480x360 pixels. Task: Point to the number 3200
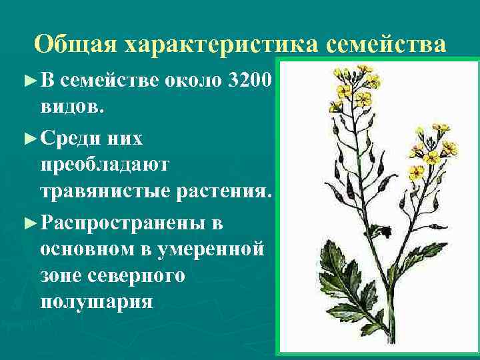tap(249, 81)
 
